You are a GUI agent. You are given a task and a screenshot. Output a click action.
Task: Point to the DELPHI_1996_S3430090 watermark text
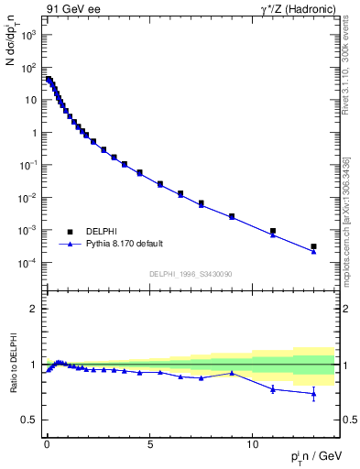[189, 274]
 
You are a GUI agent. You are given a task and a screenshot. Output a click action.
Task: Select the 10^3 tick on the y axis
[28, 35]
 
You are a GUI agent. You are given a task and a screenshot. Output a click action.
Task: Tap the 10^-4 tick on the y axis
[27, 263]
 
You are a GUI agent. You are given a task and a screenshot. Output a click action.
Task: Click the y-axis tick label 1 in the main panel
[35, 133]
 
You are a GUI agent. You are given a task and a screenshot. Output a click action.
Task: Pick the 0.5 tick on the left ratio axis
[29, 420]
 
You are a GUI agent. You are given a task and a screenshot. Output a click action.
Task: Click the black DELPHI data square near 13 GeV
[313, 246]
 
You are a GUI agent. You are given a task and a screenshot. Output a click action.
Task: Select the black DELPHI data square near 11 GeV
[273, 231]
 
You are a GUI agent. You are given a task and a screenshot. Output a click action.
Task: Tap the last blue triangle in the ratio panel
[313, 394]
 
